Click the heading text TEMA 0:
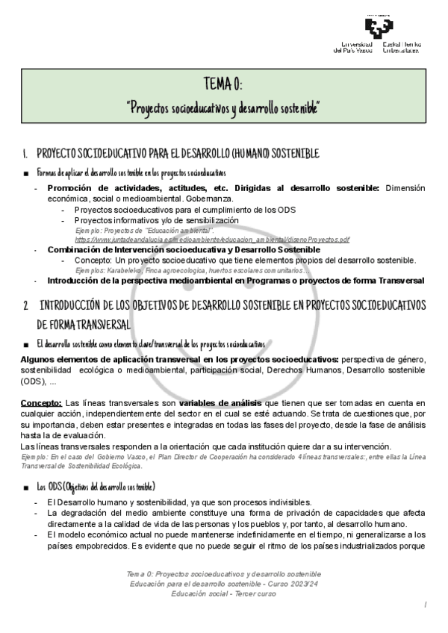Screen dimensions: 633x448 tap(223, 82)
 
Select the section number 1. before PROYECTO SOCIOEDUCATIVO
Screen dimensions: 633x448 tap(25, 154)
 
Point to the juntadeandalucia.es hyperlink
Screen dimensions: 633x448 tap(212, 240)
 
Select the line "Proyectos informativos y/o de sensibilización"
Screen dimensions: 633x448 tap(156, 221)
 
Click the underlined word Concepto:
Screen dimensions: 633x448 tap(42, 403)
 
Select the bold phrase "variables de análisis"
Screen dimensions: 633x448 tap(220, 403)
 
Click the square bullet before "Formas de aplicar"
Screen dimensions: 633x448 tap(26, 173)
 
